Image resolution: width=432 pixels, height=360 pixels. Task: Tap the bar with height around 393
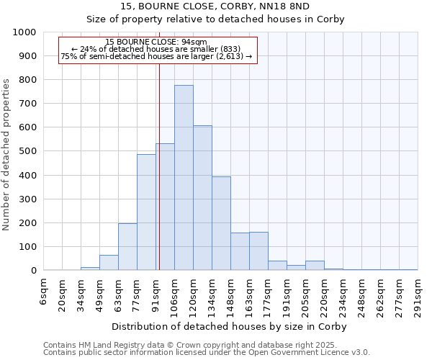point(221,223)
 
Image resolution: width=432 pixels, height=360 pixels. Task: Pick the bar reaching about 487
point(146,212)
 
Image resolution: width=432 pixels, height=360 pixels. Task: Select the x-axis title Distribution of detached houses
point(230,327)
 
